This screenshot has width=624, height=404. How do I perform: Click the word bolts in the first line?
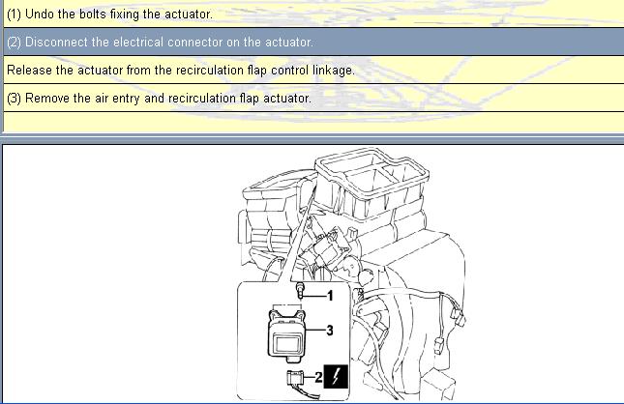click(93, 14)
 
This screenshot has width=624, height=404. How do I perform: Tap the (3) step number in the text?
click(14, 99)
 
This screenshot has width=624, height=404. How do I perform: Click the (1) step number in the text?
click(14, 14)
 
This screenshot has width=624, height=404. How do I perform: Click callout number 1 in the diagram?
click(330, 296)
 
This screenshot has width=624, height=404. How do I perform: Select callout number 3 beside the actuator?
click(330, 330)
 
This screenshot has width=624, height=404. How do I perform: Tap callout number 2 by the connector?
click(318, 377)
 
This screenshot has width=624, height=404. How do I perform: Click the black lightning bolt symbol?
click(336, 376)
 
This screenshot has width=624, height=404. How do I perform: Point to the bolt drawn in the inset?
click(301, 290)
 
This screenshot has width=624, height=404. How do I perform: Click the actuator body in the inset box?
click(287, 335)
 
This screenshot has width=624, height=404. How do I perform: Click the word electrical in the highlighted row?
click(138, 42)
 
